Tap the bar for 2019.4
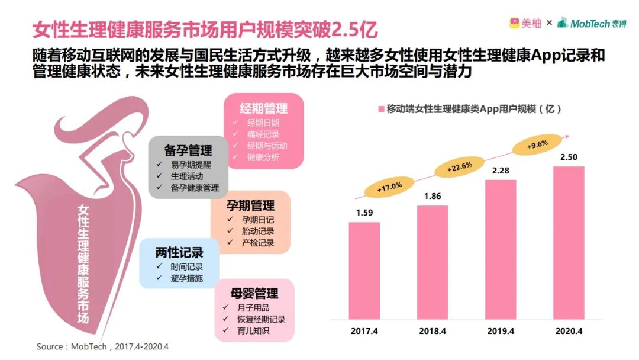tap(501, 249)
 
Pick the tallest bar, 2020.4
tap(569, 243)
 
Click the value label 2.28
tap(501, 171)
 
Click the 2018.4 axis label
tap(433, 330)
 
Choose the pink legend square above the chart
tap(381, 109)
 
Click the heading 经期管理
tap(264, 108)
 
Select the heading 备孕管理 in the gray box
tap(188, 150)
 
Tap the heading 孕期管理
tap(250, 205)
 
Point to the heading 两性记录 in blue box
tap(179, 252)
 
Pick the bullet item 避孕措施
tap(186, 278)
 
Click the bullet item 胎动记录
tap(258, 231)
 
